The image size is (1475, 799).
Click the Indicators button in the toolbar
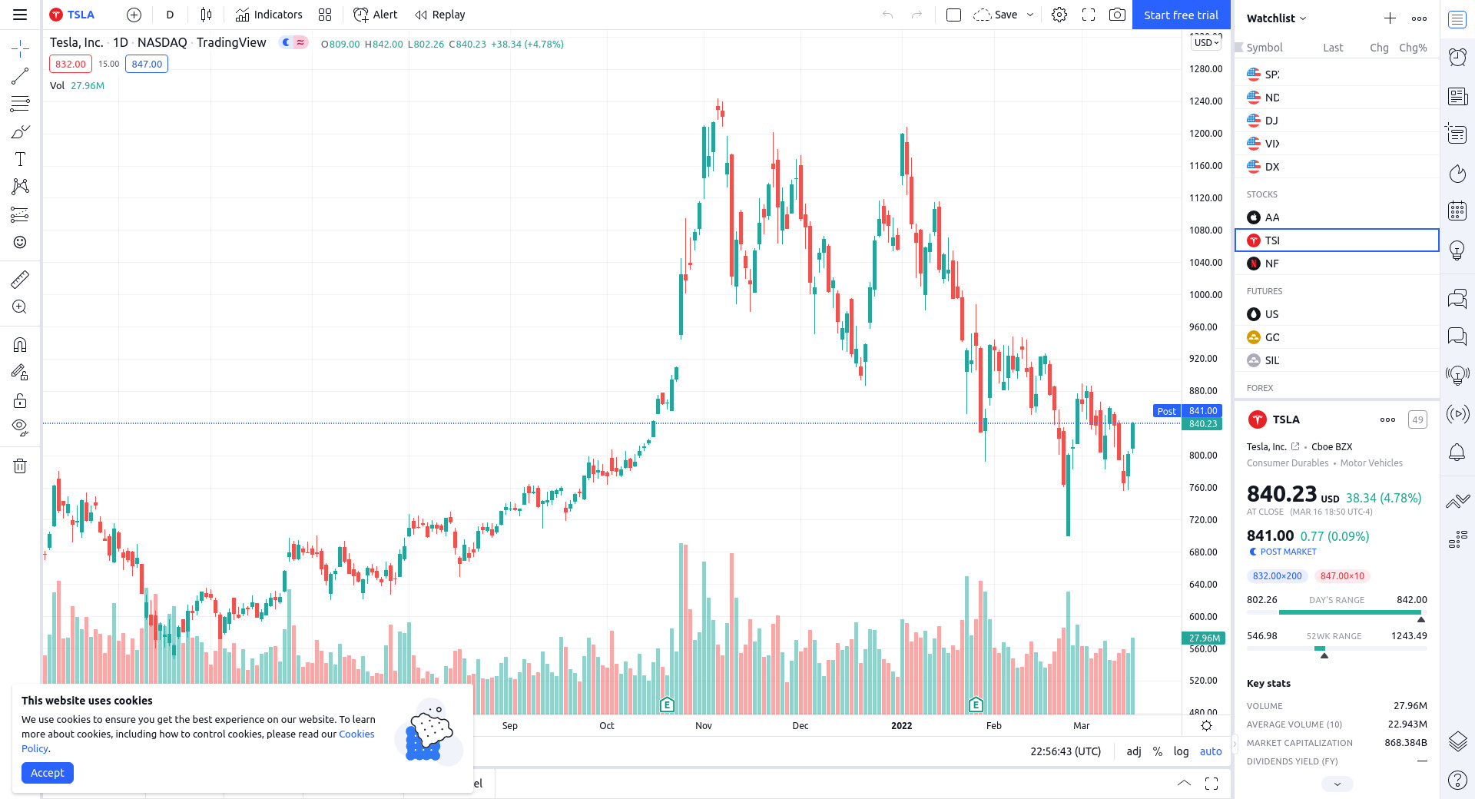(x=269, y=15)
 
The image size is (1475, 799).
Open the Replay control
(x=440, y=15)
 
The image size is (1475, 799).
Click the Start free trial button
(x=1181, y=15)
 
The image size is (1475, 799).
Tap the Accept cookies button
(x=48, y=773)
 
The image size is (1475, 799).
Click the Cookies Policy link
(x=356, y=734)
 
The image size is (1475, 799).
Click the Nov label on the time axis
(x=704, y=726)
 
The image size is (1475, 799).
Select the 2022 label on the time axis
(x=901, y=726)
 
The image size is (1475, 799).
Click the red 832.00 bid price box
(x=71, y=64)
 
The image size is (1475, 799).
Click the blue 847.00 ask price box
(x=147, y=64)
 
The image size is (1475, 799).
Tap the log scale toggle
(x=1181, y=751)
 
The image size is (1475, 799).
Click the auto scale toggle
(x=1211, y=751)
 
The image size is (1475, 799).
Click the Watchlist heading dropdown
(x=1276, y=18)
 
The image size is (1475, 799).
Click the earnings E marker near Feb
(x=976, y=705)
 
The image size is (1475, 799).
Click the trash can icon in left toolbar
(x=20, y=466)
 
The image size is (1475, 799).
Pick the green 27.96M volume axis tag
(x=1203, y=638)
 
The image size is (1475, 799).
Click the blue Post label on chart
(x=1166, y=411)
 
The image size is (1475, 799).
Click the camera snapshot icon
(x=1117, y=15)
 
